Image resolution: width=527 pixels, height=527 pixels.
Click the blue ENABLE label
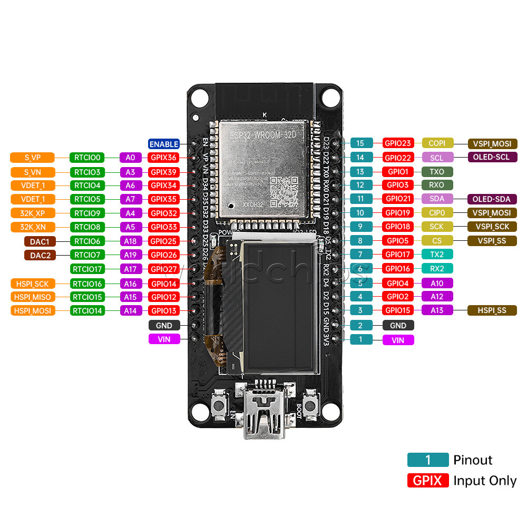tap(164, 144)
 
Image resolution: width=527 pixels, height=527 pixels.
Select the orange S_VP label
tap(33, 158)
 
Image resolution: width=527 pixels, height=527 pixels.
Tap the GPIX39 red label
tap(164, 172)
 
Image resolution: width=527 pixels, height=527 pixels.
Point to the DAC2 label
tap(40, 256)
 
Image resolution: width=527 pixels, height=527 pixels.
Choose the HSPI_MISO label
tap(33, 297)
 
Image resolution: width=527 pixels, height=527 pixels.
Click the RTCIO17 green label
tap(87, 269)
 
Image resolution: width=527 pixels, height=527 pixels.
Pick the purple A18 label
tap(130, 241)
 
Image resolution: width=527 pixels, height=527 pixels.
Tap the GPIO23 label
tap(398, 143)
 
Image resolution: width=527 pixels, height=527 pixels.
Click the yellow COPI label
tap(437, 143)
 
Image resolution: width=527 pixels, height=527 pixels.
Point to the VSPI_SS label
tap(492, 241)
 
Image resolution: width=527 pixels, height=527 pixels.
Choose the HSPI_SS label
tap(492, 311)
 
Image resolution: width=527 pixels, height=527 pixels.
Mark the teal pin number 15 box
tap(361, 143)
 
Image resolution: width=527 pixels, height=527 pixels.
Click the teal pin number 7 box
tap(361, 255)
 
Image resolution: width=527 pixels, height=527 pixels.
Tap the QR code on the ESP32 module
tap(283, 189)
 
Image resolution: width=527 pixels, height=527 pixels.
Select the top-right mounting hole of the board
tap(331, 97)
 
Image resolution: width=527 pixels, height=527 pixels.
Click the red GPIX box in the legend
tap(428, 481)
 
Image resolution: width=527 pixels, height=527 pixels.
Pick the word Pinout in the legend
tap(473, 460)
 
